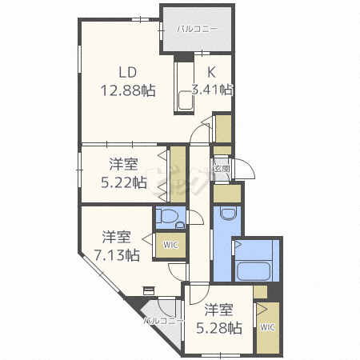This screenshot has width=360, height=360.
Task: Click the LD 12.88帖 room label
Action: (128, 82)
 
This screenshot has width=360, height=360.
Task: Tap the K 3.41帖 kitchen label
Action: (212, 82)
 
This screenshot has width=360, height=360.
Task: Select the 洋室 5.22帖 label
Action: (124, 174)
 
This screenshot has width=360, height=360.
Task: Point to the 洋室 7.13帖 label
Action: (117, 246)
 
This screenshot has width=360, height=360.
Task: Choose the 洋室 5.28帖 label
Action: (219, 318)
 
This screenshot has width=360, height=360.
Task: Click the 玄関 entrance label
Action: (222, 169)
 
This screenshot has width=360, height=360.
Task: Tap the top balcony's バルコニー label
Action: (198, 29)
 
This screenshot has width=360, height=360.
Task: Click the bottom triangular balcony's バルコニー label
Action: (163, 321)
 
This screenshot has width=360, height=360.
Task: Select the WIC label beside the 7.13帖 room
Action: (170, 245)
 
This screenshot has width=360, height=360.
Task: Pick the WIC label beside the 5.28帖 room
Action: (267, 327)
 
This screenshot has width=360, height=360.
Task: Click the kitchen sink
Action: (186, 100)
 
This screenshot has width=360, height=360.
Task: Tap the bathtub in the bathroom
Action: (254, 271)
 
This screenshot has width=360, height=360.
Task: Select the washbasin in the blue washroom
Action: (229, 214)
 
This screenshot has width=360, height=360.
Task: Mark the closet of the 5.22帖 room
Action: (178, 174)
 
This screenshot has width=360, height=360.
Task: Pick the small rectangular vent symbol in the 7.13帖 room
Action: (149, 290)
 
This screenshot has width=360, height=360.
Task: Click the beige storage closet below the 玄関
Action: (227, 194)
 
